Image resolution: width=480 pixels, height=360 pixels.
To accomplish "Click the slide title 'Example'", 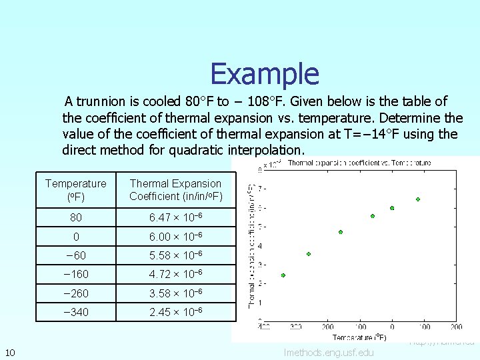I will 265,73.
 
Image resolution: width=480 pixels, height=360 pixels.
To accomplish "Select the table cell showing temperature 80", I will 75,217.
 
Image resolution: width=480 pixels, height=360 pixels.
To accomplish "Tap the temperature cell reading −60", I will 75,255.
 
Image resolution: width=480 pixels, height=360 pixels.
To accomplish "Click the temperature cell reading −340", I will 75,312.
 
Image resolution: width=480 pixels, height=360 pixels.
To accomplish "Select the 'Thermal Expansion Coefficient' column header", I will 175,189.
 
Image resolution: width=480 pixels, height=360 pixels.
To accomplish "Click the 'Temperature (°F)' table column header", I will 75,189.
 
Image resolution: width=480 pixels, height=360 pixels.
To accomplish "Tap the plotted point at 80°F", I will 418,199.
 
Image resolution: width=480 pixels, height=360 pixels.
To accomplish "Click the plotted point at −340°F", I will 283,275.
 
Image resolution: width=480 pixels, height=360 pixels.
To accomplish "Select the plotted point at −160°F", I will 341,232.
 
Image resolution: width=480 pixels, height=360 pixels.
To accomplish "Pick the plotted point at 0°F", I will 392,208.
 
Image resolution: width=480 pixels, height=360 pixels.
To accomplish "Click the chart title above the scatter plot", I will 359,162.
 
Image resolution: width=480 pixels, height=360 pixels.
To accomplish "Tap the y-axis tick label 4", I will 260,246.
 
